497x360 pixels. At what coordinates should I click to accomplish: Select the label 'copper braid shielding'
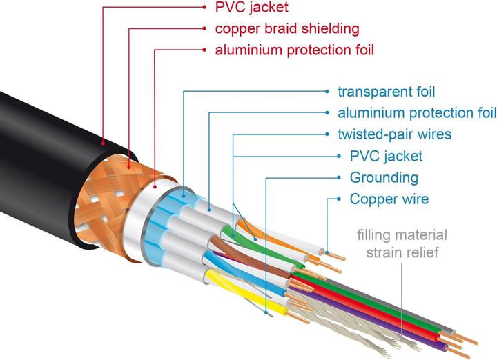click(x=287, y=29)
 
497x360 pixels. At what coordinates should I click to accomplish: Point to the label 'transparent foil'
click(x=387, y=92)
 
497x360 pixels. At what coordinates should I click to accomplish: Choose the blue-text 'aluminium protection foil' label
click(x=417, y=113)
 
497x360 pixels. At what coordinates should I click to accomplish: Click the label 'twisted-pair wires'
click(x=394, y=134)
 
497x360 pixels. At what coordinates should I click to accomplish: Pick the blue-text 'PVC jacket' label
click(x=386, y=156)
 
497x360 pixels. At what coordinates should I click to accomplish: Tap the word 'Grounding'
click(x=384, y=178)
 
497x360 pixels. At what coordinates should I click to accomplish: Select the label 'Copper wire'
click(x=389, y=199)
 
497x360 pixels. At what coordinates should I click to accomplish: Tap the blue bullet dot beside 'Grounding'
click(x=338, y=178)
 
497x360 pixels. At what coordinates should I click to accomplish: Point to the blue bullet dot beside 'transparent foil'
click(x=326, y=92)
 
